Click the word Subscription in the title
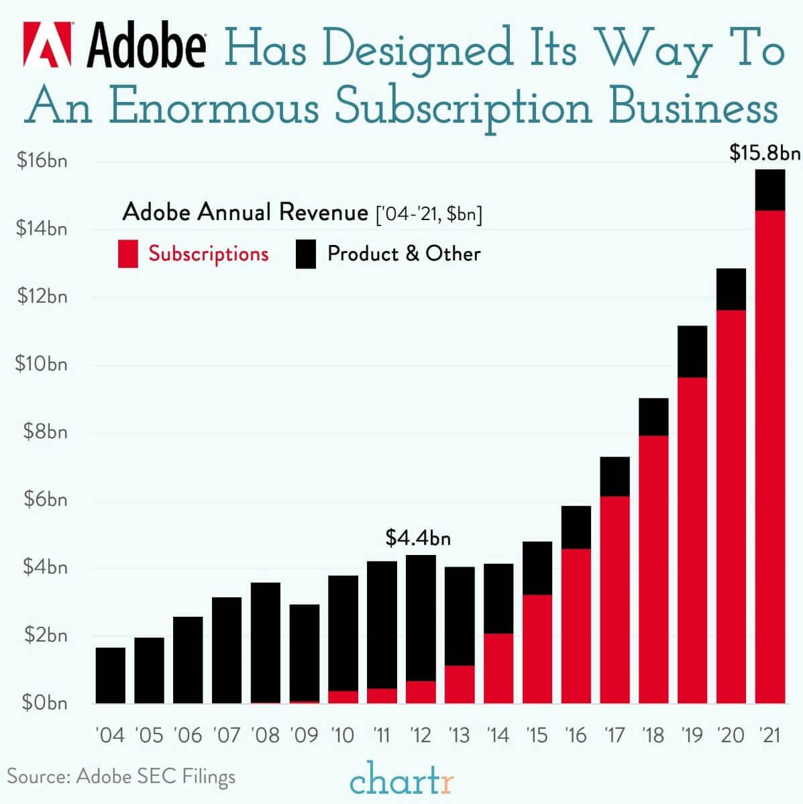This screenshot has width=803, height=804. [464, 107]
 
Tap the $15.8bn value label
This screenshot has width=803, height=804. [765, 154]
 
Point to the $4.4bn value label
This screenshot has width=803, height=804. [418, 538]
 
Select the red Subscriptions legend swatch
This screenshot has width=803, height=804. [128, 254]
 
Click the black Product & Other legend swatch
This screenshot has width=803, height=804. [305, 254]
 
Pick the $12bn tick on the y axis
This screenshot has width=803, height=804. [42, 296]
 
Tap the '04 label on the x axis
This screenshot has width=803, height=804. [110, 735]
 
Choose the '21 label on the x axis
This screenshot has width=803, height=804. [770, 735]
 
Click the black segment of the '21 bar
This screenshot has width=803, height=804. [770, 190]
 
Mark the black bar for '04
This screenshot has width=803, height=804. [111, 675]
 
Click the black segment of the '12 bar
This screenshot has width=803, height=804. [421, 617]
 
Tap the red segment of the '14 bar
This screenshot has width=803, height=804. [498, 668]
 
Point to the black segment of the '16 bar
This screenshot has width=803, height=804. [576, 527]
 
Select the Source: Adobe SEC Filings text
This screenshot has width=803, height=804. [121, 776]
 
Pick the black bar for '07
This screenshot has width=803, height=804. [227, 650]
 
